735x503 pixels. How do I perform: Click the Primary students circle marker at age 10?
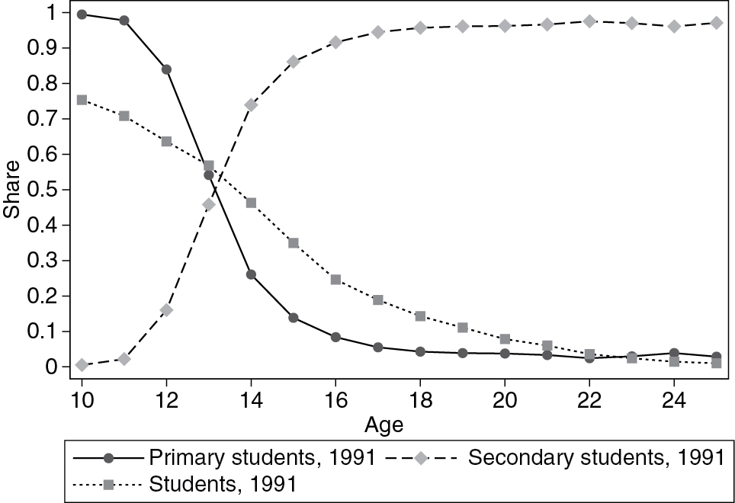point(82,14)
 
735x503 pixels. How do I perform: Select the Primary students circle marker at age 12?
point(166,69)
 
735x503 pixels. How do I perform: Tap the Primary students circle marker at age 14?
point(251,274)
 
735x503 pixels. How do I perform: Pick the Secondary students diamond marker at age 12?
point(166,310)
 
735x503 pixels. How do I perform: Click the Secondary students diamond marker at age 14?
point(251,104)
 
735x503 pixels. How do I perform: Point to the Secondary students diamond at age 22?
point(589,21)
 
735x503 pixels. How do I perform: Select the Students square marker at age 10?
point(82,100)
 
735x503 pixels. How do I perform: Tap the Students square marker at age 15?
point(294,243)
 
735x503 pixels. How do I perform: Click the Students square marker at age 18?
point(420,316)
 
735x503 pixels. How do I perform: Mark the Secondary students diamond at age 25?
point(716,23)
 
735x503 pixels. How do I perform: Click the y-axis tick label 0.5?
point(47,190)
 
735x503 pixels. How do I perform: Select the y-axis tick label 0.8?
point(47,84)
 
